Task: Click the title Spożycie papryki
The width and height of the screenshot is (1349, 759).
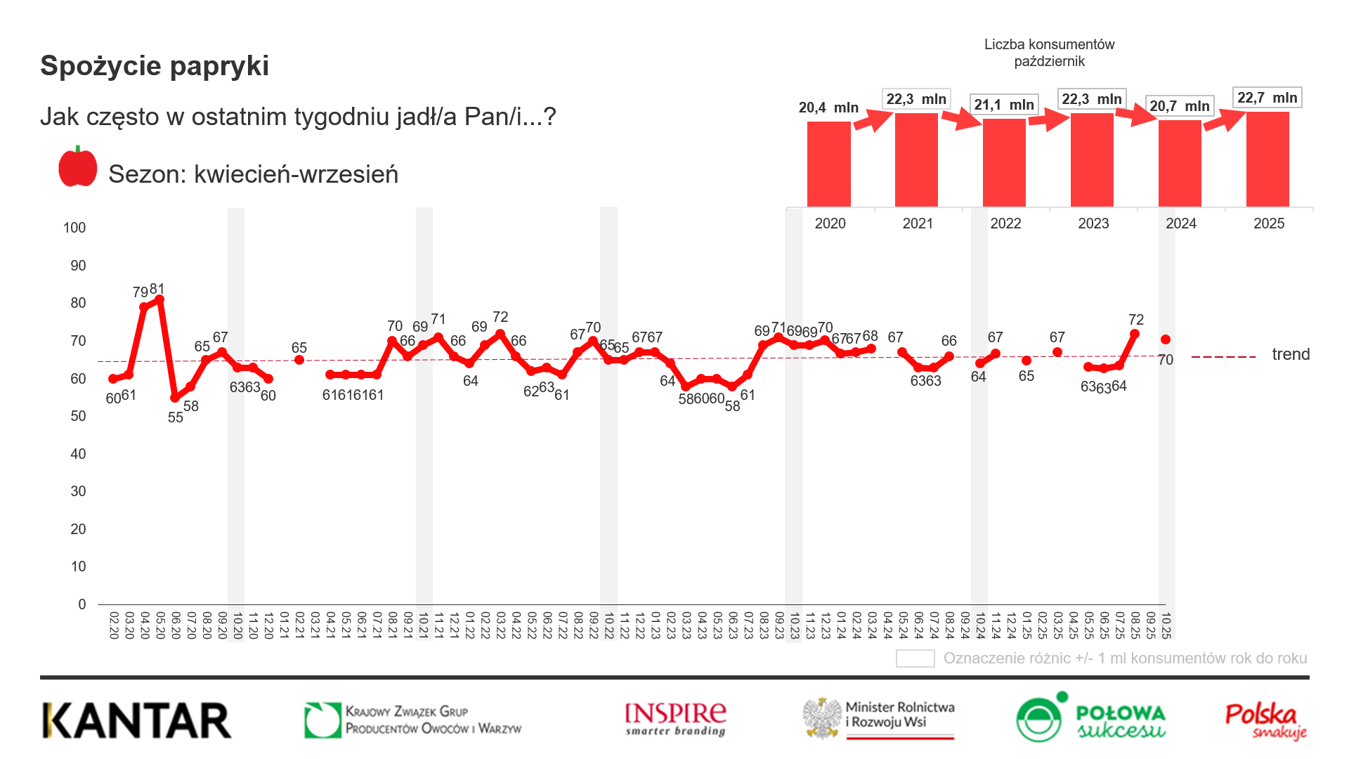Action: click(x=155, y=66)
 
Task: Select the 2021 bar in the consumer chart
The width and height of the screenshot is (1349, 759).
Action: click(x=916, y=160)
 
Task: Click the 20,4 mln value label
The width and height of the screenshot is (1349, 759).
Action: click(x=828, y=108)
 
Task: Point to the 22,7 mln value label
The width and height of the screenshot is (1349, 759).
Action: click(x=1267, y=98)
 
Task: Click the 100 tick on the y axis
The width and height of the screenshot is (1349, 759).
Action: click(x=74, y=228)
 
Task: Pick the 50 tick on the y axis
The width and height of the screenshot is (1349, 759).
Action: click(x=78, y=416)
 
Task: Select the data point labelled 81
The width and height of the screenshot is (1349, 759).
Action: click(x=159, y=300)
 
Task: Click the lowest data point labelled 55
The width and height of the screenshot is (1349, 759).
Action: click(x=175, y=398)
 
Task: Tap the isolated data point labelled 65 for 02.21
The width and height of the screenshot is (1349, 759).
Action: click(x=299, y=360)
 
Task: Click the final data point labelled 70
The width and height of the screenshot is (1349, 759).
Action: click(x=1166, y=339)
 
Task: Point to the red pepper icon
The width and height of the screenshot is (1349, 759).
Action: click(x=78, y=167)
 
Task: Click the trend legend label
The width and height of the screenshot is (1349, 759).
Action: click(x=1291, y=354)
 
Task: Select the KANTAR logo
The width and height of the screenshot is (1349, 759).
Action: click(x=137, y=720)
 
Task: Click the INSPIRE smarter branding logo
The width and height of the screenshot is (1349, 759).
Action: click(x=675, y=719)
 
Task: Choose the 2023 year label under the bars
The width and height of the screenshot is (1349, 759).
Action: click(x=1093, y=223)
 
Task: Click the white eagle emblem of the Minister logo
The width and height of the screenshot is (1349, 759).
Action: click(x=823, y=718)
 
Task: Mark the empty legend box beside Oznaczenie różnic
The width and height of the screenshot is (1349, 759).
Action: click(x=915, y=659)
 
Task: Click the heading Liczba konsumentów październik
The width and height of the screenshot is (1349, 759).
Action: click(x=1049, y=53)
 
